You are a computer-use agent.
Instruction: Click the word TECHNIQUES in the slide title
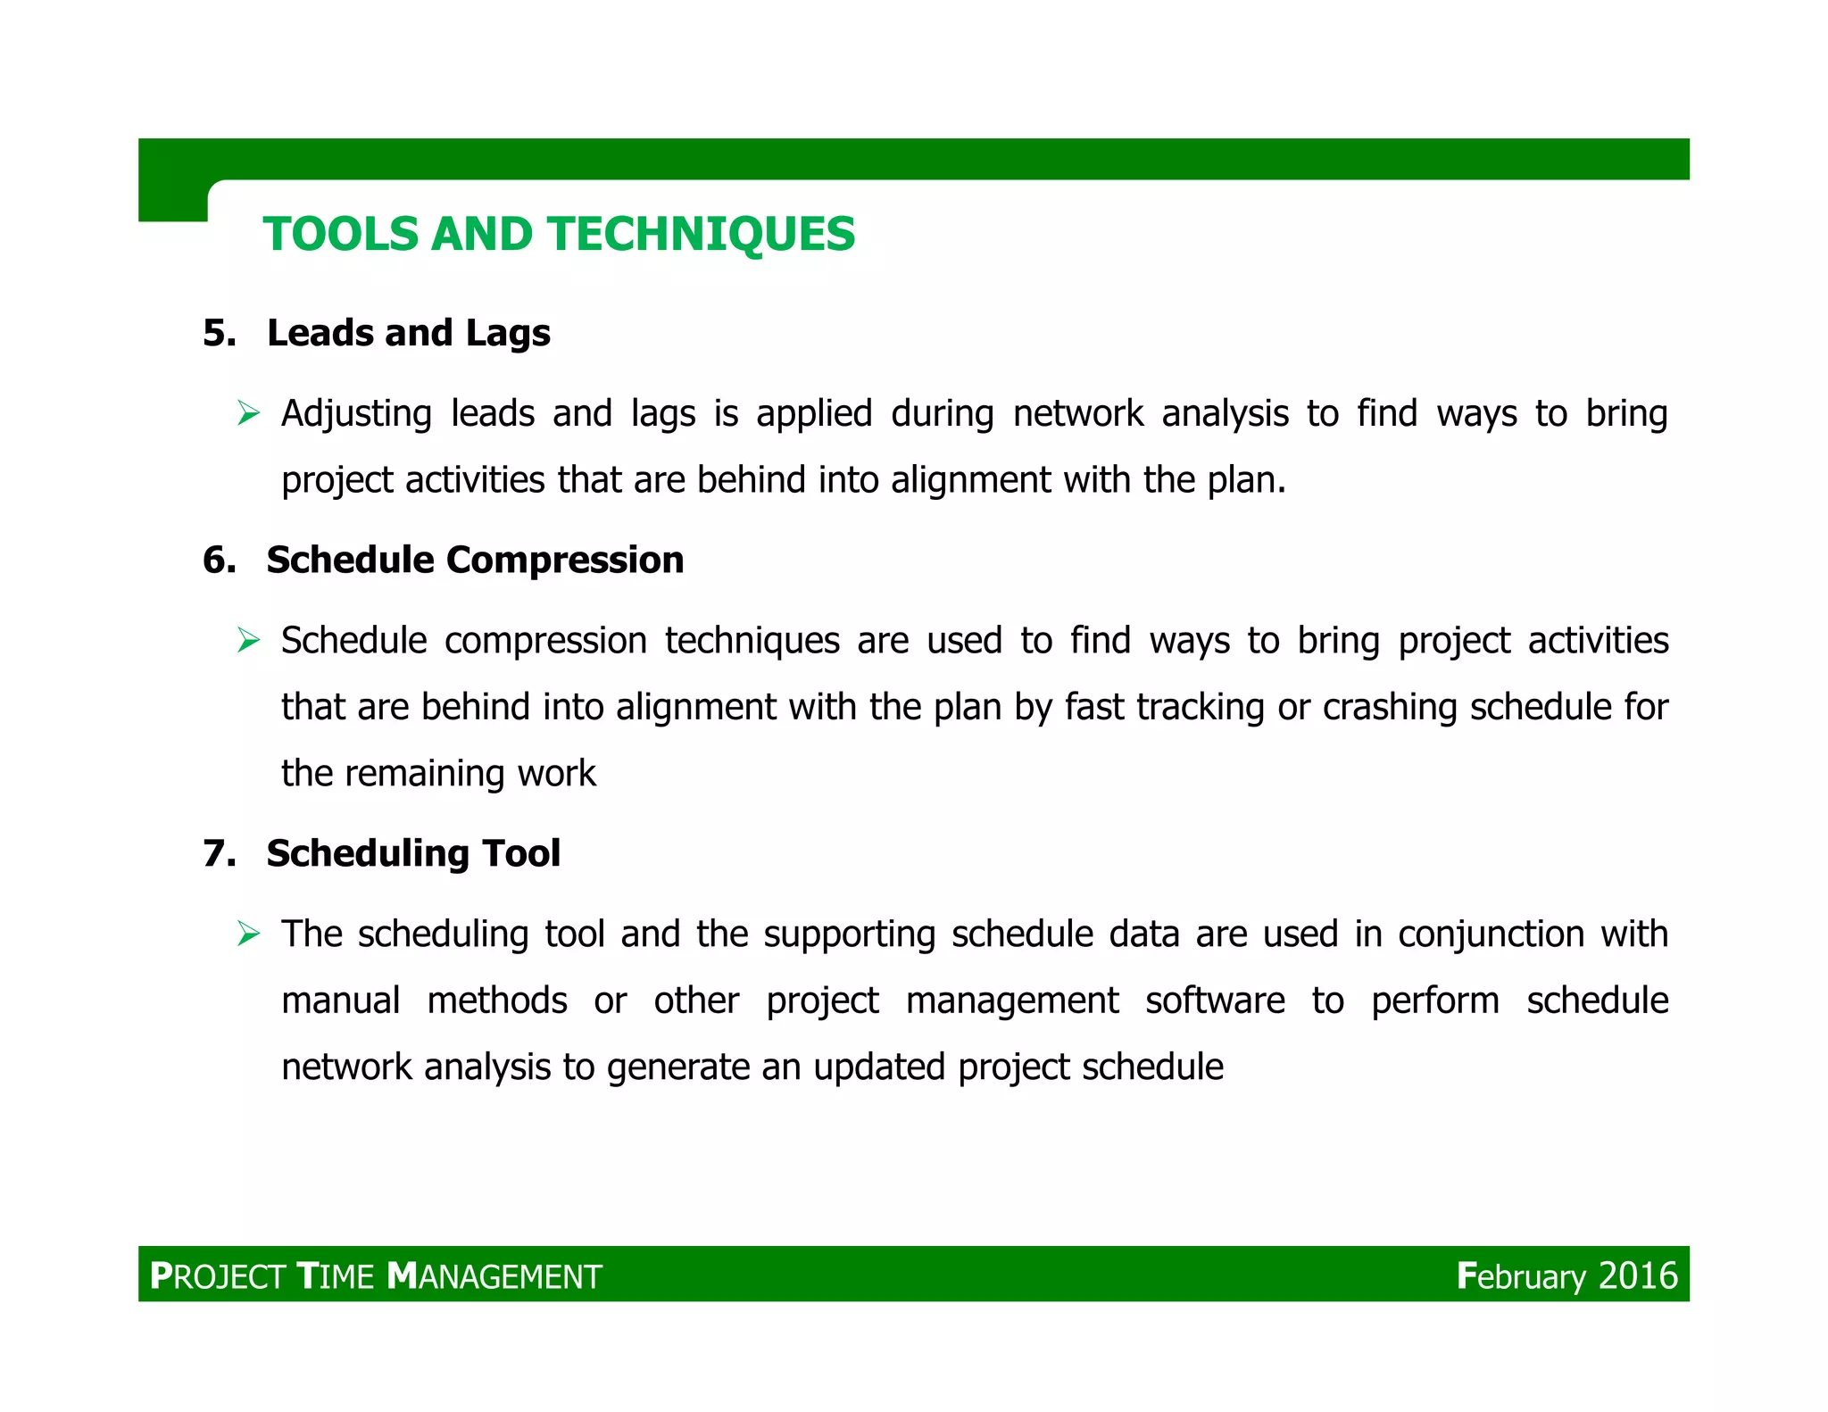702,235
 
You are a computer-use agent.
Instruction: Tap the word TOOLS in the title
340,235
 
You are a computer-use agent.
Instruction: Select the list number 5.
220,333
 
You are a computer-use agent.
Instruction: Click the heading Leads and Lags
408,333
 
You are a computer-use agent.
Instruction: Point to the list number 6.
220,561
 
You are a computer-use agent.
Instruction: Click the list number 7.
220,853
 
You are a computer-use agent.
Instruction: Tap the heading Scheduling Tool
413,853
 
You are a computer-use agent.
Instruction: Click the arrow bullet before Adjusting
248,414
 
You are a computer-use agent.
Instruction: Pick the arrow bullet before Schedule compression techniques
248,641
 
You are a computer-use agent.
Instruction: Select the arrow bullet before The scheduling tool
248,934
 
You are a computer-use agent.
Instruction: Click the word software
1215,1001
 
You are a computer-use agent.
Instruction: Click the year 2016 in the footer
1638,1275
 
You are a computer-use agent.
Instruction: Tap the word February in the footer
1521,1276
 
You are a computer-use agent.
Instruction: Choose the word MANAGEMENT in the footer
495,1276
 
